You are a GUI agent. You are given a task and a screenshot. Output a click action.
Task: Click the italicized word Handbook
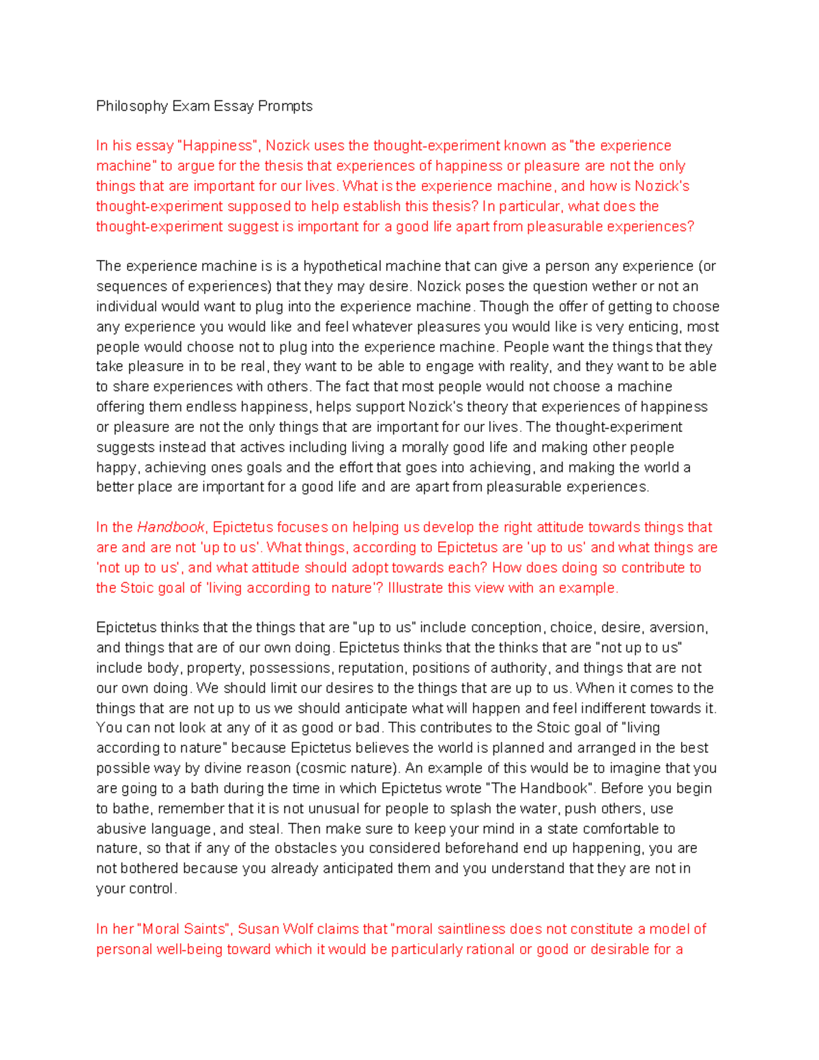(171, 528)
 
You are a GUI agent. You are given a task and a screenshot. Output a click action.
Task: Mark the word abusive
(121, 829)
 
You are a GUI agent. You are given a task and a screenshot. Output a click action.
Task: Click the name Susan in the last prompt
(259, 930)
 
